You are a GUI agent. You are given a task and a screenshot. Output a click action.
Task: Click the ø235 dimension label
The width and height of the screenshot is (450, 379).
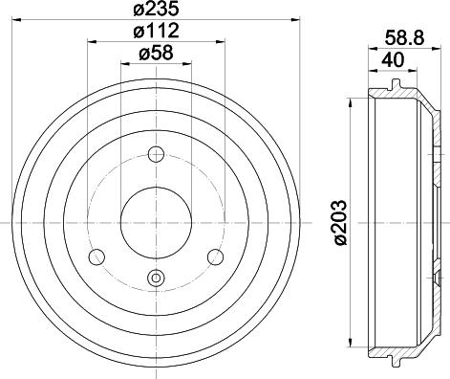156,11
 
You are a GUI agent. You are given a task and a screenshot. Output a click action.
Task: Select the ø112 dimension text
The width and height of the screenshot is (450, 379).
156,33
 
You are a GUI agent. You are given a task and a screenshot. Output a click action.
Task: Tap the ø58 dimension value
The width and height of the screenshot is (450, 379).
155,54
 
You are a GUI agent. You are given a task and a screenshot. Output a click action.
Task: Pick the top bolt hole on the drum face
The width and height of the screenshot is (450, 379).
158,153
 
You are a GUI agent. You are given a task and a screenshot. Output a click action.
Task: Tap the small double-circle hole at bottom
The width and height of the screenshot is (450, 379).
156,279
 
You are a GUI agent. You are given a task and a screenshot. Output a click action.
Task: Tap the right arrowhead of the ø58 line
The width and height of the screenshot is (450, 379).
188,63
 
